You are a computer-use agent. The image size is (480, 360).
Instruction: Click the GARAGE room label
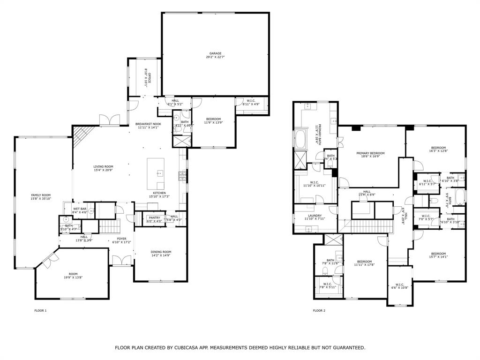pos(216,53)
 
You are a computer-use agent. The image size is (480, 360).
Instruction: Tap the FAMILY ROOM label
pos(41,195)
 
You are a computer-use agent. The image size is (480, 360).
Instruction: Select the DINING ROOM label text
pos(161,252)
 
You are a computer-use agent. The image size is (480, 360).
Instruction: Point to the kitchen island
pos(156,173)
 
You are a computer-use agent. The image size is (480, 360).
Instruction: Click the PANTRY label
pos(155,217)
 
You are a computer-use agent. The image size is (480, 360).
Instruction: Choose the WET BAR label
pos(80,209)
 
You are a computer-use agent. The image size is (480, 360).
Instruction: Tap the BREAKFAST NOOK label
pos(148,124)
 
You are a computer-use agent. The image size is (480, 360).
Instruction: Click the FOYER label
pos(121,239)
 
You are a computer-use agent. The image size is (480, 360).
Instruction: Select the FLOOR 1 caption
pos(41,310)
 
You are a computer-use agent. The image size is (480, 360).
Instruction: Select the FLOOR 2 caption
pos(319,310)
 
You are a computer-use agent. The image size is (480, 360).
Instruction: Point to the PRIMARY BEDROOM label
pos(370,153)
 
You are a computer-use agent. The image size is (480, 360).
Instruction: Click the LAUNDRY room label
pos(315,216)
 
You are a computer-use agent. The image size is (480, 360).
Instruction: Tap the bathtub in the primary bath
pos(300,139)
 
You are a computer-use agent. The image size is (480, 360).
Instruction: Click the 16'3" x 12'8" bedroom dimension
pos(438,151)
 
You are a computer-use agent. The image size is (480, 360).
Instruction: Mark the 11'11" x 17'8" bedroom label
pos(364,262)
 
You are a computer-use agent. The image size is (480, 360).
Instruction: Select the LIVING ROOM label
pos(103,166)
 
